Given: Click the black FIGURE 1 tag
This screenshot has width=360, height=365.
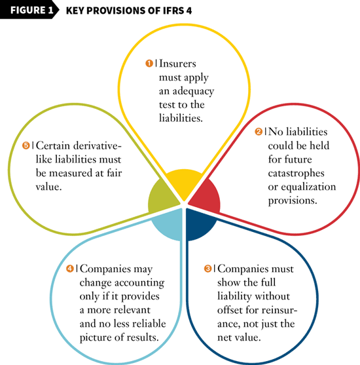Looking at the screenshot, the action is (x=29, y=10).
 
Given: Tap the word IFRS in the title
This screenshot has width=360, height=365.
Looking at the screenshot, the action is (x=171, y=10).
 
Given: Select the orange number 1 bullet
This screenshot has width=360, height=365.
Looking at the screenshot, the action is (x=149, y=63).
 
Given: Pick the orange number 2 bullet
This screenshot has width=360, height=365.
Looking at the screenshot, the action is (x=259, y=132).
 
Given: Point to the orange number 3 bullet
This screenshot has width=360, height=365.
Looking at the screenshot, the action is (x=207, y=269).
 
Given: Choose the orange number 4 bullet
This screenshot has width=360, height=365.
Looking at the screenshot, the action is (x=70, y=269).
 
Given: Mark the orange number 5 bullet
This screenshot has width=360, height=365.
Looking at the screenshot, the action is (x=26, y=145).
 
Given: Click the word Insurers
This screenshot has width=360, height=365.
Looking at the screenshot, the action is (x=177, y=64).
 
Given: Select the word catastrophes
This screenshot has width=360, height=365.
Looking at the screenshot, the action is (x=296, y=174).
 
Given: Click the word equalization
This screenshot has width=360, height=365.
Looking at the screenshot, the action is (x=308, y=187).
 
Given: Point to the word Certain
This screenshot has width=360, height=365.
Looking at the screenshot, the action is (x=53, y=145).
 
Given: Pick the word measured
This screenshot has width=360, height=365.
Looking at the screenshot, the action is (x=71, y=173).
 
